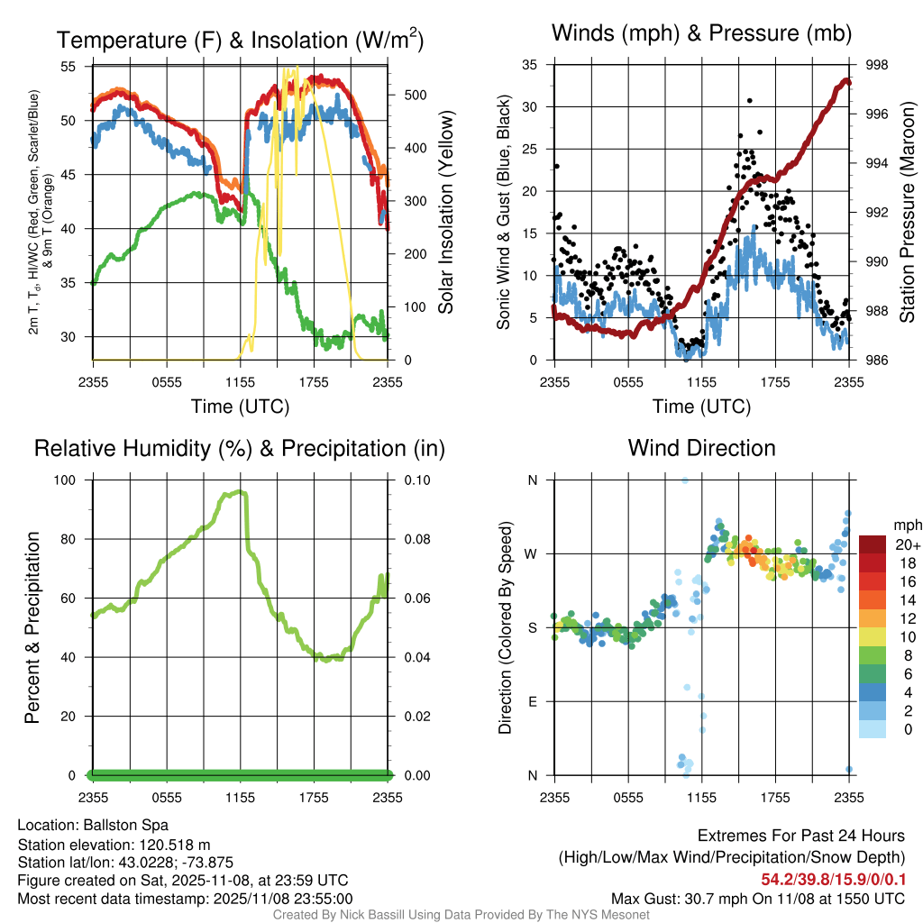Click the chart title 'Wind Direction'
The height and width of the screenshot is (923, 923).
coord(701,448)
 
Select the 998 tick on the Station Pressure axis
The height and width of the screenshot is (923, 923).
coord(877,65)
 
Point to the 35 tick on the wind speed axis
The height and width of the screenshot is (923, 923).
coord(530,65)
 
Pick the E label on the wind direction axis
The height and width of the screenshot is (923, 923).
coord(532,701)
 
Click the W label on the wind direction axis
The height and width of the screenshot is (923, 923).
coord(532,553)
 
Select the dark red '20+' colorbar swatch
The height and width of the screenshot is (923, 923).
coord(872,544)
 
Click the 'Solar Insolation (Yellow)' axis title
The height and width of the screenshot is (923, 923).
coord(445,213)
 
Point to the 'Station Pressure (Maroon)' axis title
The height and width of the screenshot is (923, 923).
coord(907,213)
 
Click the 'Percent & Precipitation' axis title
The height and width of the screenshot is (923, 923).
coord(32,627)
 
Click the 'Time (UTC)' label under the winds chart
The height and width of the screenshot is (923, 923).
coord(701,407)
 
